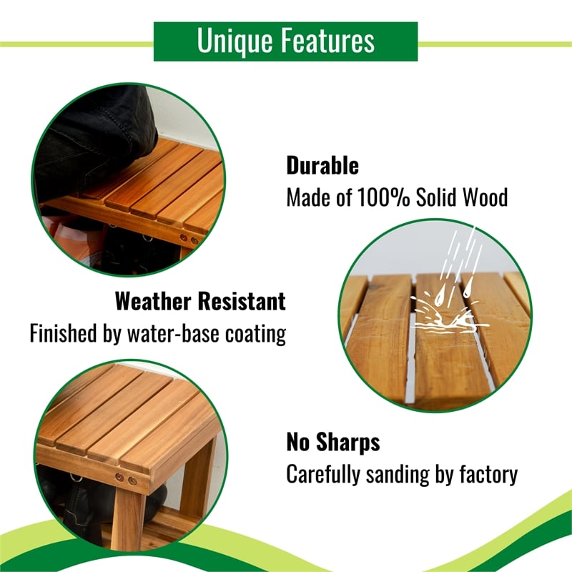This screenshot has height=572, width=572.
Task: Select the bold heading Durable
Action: click(322, 166)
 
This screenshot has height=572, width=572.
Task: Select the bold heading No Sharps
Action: click(332, 442)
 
